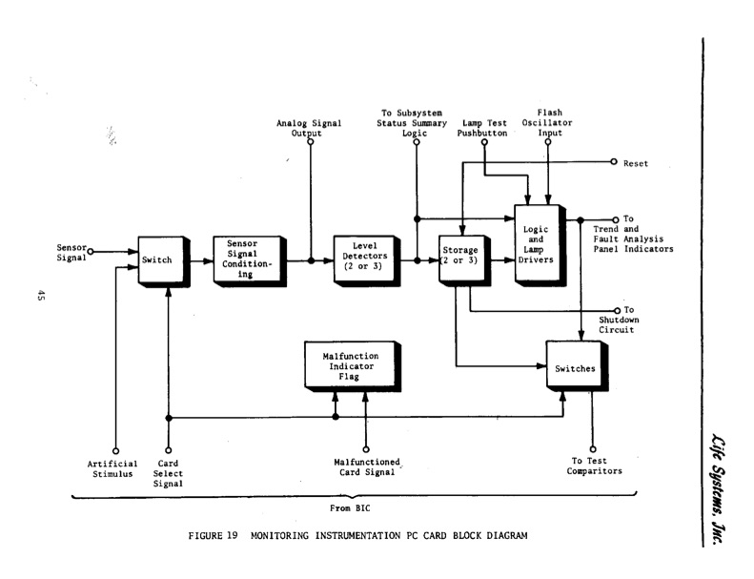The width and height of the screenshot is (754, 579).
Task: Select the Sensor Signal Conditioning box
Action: pos(248,258)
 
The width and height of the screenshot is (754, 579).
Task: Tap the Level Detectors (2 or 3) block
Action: pos(366,258)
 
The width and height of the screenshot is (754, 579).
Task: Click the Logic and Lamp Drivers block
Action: pos(538,243)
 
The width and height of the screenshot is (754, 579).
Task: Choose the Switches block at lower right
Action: pos(574,367)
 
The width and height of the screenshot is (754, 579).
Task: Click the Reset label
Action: pos(635,163)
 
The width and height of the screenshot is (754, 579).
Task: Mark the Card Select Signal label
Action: pos(168,474)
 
